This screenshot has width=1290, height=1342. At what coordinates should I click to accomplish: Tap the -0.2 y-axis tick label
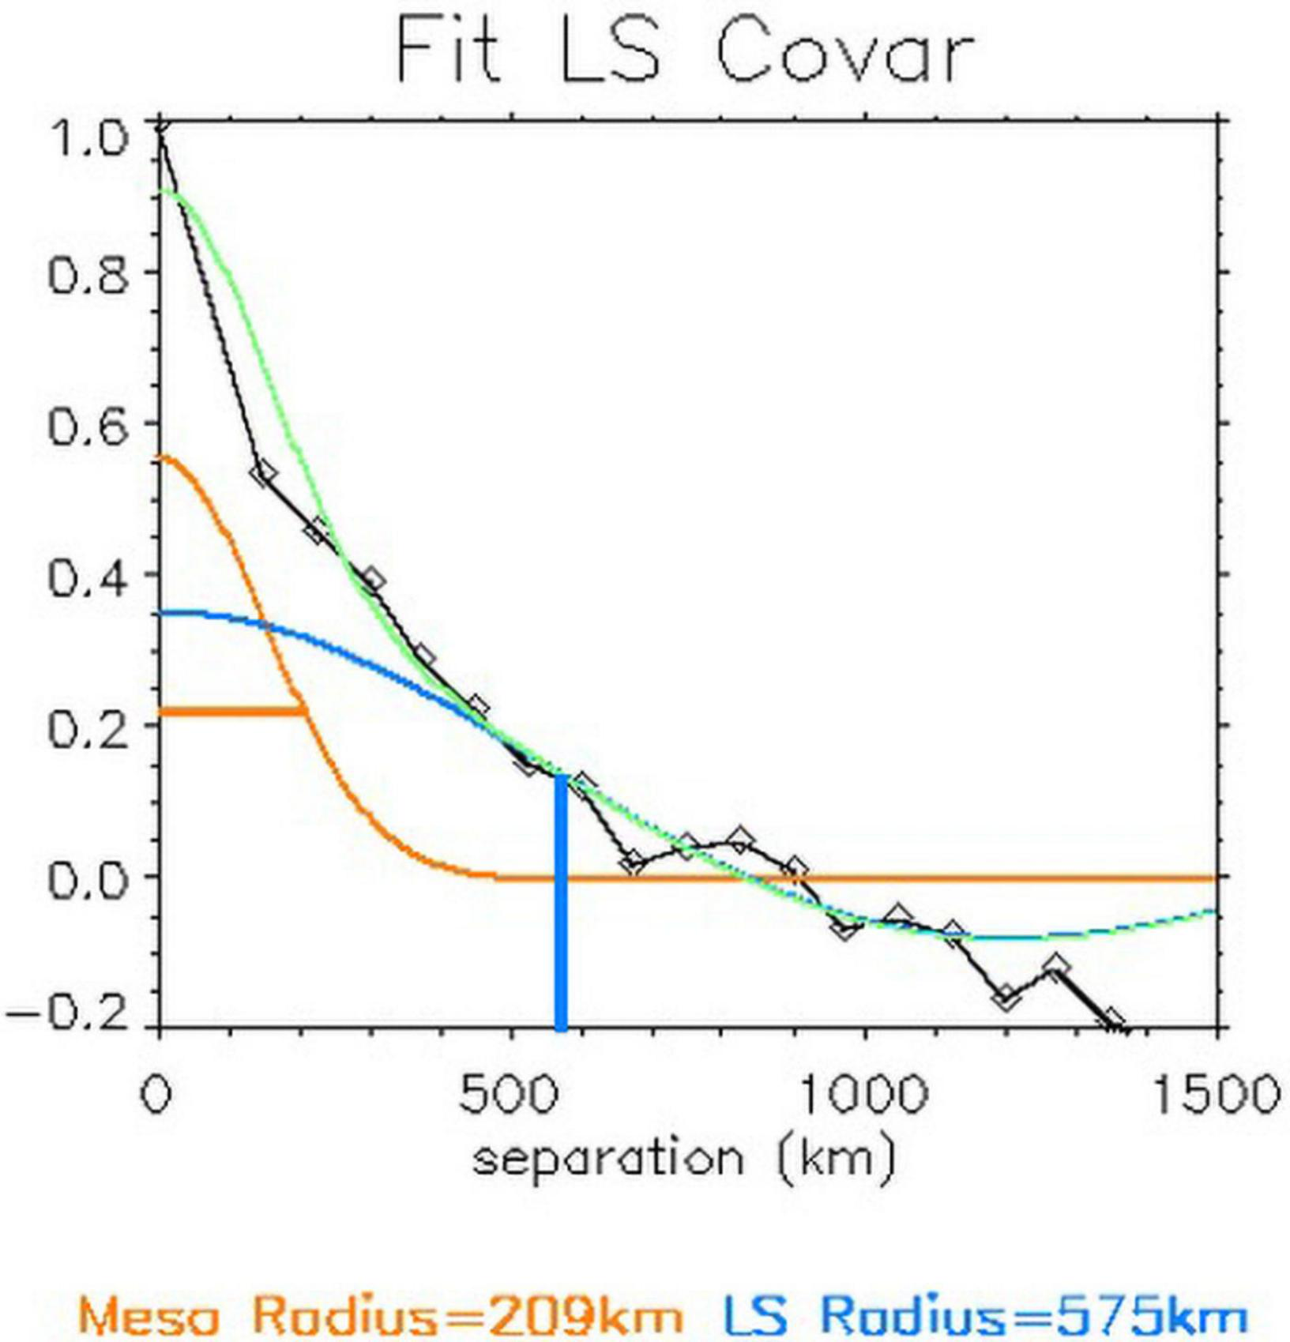[x=67, y=1016]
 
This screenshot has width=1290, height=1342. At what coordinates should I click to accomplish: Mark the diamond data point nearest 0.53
[x=263, y=473]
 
